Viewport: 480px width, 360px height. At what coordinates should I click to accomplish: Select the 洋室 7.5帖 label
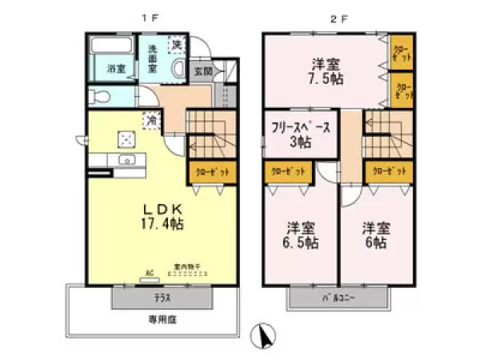[x=328, y=73]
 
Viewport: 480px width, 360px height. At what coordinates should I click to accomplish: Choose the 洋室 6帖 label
[x=375, y=234]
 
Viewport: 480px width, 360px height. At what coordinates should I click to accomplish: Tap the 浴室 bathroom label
[x=116, y=70]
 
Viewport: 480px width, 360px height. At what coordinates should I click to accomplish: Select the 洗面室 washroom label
[x=152, y=59]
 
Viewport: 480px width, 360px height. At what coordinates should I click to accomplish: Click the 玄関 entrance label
[x=203, y=71]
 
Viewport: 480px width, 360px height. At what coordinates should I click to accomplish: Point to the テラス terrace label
[x=162, y=298]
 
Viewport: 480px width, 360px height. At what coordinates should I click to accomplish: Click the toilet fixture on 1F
[x=98, y=97]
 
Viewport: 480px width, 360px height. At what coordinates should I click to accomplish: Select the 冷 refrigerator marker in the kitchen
[x=150, y=121]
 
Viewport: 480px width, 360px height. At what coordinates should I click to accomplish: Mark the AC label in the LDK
[x=148, y=271]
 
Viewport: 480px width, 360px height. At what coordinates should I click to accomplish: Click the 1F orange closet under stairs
[x=212, y=171]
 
